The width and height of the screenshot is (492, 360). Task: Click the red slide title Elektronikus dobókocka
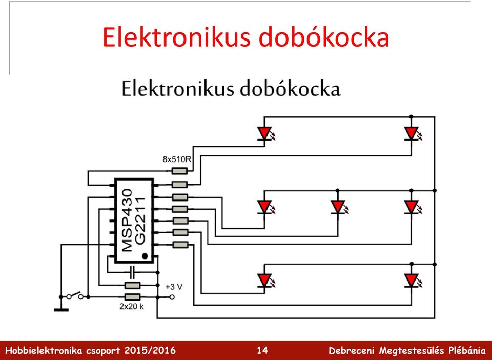[245, 37]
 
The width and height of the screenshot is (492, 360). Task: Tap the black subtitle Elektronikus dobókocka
[231, 89]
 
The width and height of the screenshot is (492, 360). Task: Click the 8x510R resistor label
[177, 159]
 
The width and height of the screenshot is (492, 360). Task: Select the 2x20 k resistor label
[132, 306]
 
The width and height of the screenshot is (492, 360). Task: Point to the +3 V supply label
[174, 287]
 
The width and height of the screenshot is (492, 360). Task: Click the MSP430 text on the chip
[127, 220]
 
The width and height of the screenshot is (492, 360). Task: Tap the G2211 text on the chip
[140, 221]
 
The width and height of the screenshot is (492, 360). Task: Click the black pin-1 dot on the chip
[145, 256]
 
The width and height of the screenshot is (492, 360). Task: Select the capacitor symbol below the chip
[132, 272]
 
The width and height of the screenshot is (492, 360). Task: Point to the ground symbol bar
[61, 310]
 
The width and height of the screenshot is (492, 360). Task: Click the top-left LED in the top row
[265, 133]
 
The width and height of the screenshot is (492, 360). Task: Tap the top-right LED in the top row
[412, 133]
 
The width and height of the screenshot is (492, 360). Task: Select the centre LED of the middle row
[338, 207]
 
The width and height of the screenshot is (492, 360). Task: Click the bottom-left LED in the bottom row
[265, 281]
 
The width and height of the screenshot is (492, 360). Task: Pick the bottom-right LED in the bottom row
[412, 281]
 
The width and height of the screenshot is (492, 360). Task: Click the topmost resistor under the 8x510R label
[179, 171]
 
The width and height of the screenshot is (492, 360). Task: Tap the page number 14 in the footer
[262, 350]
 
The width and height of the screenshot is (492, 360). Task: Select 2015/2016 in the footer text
[150, 350]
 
